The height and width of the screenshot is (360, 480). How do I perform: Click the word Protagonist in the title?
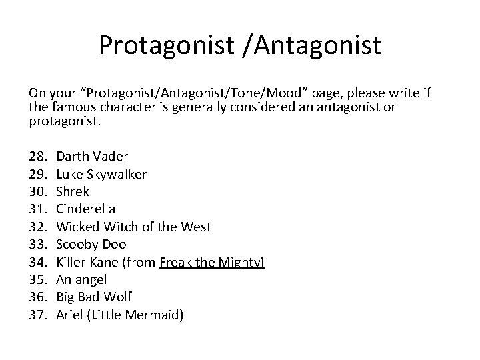coord(169,45)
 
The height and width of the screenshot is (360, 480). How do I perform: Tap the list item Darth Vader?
coord(92,156)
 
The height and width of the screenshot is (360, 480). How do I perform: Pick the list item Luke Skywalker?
coord(101,174)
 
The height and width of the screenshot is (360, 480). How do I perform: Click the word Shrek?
coord(73,191)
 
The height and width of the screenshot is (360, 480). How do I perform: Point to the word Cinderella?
coord(86,209)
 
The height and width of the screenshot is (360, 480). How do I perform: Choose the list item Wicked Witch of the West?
coord(133,227)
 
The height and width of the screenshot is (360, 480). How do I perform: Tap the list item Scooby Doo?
coord(89,245)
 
